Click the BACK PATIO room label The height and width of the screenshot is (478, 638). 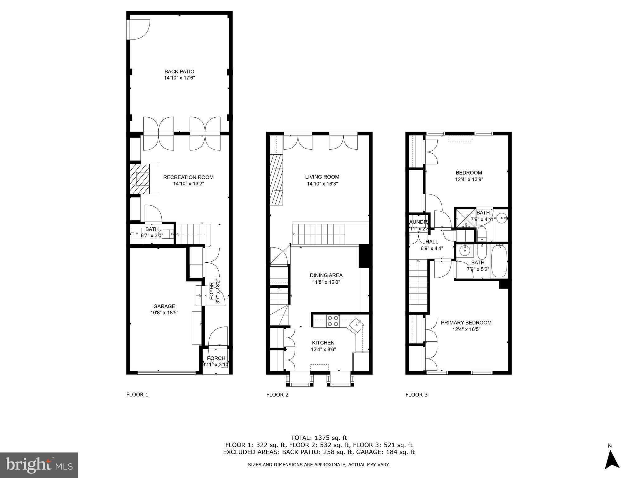179,72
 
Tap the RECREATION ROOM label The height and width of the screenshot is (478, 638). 188,177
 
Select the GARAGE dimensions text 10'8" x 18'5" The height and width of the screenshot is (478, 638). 164,313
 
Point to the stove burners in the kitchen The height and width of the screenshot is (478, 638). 332,321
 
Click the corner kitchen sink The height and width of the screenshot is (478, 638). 357,325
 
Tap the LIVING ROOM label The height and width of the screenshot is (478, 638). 322,177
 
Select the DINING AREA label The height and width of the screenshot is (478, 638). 326,275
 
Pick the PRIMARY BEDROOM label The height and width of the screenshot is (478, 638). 466,323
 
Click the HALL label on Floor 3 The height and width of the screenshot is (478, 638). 432,241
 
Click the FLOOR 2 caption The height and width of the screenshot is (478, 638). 277,395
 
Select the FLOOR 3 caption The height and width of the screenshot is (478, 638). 416,395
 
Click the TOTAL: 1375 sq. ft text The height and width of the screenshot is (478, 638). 319,438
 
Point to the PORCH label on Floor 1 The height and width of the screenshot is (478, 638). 216,358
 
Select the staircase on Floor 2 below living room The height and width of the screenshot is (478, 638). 319,235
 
